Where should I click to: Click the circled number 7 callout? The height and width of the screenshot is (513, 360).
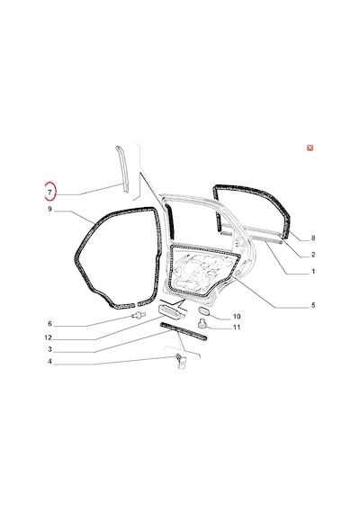[49, 193]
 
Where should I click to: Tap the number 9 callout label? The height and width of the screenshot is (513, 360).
[49, 209]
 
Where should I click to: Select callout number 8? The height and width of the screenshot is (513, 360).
[313, 238]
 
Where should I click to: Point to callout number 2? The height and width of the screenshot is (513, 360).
[313, 255]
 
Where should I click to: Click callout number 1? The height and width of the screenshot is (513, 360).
[313, 271]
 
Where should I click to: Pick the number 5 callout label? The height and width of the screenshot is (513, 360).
[313, 305]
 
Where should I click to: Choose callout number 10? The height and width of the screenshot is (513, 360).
[237, 317]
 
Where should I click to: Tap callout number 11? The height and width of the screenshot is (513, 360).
[237, 328]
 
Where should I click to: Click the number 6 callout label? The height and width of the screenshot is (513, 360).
[49, 324]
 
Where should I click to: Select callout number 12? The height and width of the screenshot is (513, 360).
[48, 337]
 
